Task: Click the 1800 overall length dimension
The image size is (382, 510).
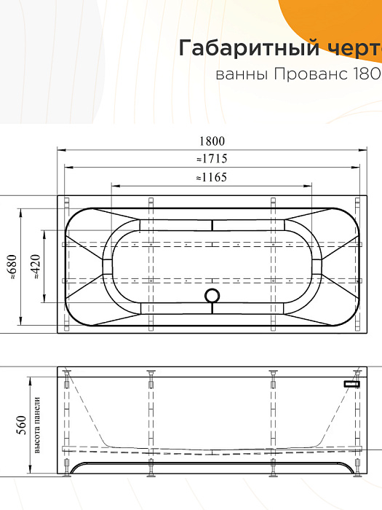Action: [x=211, y=142]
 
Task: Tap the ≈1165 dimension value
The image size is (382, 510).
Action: [x=211, y=176]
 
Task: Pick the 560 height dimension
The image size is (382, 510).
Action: [x=21, y=423]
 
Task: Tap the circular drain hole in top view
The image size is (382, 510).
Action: [x=212, y=296]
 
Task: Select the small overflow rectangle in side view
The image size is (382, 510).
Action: [x=352, y=382]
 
